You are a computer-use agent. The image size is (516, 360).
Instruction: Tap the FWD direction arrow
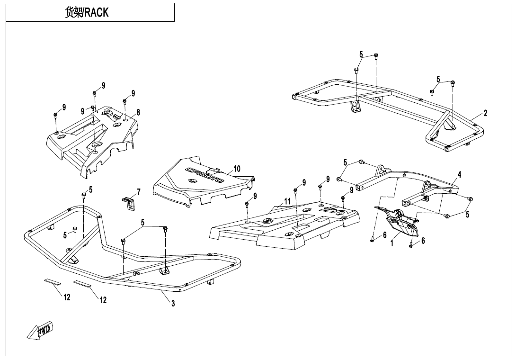click(40, 330)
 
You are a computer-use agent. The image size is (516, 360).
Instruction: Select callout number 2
click(485, 113)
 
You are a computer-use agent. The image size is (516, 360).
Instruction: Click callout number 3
click(173, 303)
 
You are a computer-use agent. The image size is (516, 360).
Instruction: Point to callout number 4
click(459, 175)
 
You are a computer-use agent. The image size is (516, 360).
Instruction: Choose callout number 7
click(139, 192)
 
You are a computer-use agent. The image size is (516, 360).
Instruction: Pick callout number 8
click(138, 112)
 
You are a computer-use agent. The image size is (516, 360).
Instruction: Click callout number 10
click(237, 169)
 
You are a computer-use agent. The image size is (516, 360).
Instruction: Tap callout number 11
click(288, 201)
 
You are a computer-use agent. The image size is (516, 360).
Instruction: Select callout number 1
click(392, 243)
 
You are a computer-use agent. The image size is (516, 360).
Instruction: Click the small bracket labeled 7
click(128, 203)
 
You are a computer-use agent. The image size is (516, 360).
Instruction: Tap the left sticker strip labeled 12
click(53, 281)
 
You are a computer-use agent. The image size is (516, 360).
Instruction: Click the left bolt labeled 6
click(373, 240)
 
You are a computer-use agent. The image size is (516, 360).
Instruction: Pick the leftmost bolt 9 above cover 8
click(55, 115)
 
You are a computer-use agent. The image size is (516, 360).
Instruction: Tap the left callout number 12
click(67, 297)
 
